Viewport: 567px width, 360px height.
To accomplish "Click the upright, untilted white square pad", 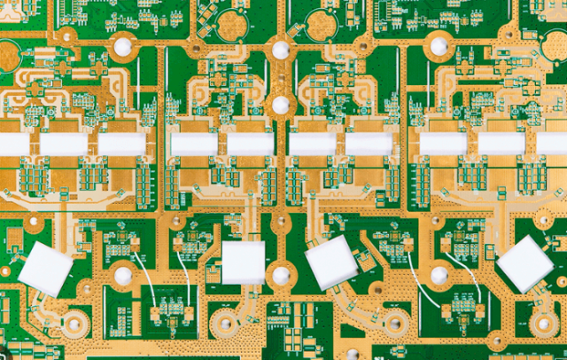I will point(243,262).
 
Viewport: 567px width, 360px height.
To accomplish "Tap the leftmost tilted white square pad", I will point(46,268).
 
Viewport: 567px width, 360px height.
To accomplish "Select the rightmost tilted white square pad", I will point(524,263).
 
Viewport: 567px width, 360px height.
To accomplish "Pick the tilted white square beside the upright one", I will point(331,262).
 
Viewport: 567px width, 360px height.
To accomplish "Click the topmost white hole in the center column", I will point(281,51).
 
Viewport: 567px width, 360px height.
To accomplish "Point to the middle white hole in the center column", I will point(281,105).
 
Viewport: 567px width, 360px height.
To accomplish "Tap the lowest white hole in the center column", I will point(281,276).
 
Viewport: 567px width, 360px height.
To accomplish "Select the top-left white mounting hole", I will point(122,48).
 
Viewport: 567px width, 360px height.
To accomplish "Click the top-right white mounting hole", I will point(439,46).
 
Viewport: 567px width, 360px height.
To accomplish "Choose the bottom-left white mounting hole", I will point(122,276).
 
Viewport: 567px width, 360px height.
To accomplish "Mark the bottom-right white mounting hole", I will point(439,276).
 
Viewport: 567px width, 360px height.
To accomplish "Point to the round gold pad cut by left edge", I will point(7,56).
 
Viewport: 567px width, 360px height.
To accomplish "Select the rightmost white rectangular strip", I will point(552,144).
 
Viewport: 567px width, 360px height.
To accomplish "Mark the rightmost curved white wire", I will point(470,275).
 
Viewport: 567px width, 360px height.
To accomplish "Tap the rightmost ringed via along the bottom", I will point(496,340).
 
